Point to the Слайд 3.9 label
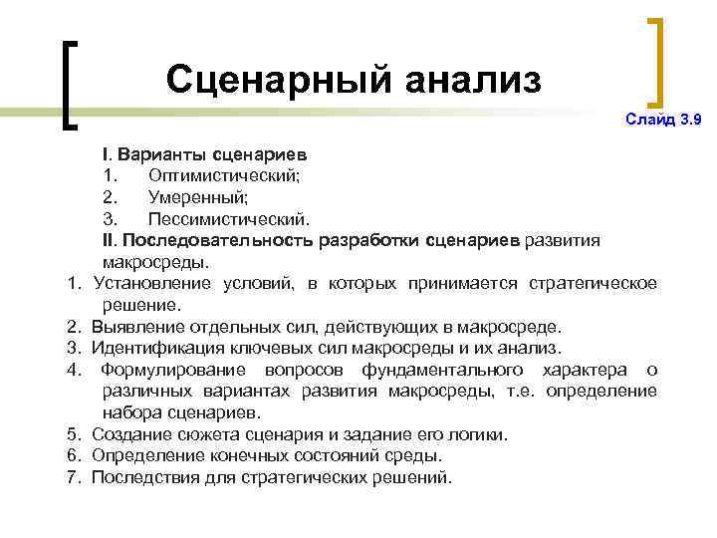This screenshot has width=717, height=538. [x=663, y=120]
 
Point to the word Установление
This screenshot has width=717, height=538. [x=148, y=284]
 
